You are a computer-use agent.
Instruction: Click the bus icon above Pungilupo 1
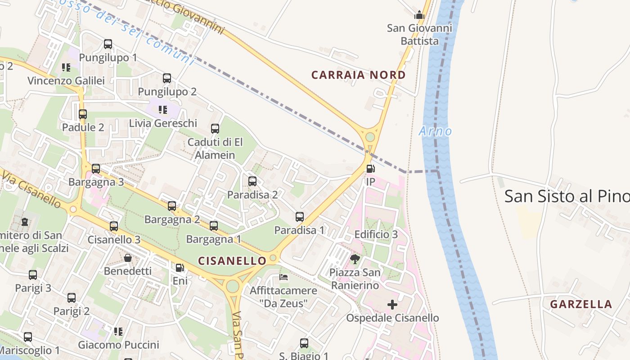pos(108,44)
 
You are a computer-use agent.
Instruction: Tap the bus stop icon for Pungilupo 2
pos(167,78)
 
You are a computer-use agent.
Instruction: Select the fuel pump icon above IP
pos(370,169)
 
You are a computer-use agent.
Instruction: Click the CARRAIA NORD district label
pos(358,75)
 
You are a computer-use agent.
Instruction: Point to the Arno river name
pos(435,131)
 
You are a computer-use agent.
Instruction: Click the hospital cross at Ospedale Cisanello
pos(392,305)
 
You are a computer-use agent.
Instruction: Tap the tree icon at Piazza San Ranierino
pos(355,259)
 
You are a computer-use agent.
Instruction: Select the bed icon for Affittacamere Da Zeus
pos(283,277)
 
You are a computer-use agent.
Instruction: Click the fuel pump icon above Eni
pos(180,268)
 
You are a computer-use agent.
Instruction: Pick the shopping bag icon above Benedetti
pos(128,258)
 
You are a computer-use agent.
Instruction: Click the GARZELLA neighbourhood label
pos(581,304)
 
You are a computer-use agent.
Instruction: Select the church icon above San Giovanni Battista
pos(419,15)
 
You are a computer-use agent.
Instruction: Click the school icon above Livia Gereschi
pos(163,109)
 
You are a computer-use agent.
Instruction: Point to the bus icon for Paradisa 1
pos(300,217)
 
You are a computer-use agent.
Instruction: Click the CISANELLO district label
pos(232,261)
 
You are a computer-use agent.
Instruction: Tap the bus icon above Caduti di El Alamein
pos(215,129)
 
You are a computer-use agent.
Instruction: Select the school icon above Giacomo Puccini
pos(118,332)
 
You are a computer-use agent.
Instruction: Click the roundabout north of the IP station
pos(370,136)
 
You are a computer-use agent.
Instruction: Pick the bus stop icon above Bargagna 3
pos(96,169)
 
